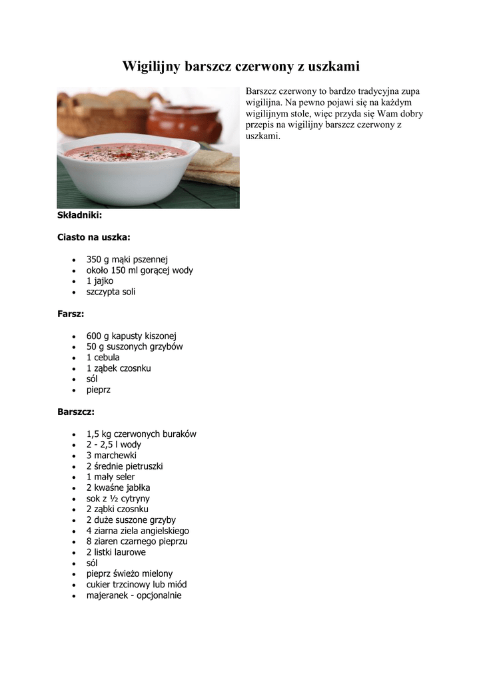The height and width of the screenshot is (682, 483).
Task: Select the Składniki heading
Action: tap(79, 215)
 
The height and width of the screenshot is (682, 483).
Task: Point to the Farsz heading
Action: tap(71, 314)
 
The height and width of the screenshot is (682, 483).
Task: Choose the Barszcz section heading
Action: tap(76, 412)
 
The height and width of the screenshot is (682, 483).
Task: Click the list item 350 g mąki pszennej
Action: tap(127, 259)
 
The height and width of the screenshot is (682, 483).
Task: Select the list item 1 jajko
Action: tap(100, 281)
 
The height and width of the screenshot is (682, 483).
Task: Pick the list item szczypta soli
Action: tap(111, 292)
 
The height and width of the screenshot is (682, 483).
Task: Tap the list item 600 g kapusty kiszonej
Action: tap(131, 336)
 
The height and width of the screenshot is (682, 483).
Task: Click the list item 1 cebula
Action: tap(103, 357)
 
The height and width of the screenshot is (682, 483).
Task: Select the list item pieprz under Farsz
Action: tap(99, 390)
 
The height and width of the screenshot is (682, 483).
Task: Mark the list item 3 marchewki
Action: tap(111, 456)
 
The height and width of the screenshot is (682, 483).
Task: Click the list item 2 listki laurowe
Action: tap(116, 552)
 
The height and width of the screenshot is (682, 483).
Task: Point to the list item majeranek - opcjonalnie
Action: tap(134, 595)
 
